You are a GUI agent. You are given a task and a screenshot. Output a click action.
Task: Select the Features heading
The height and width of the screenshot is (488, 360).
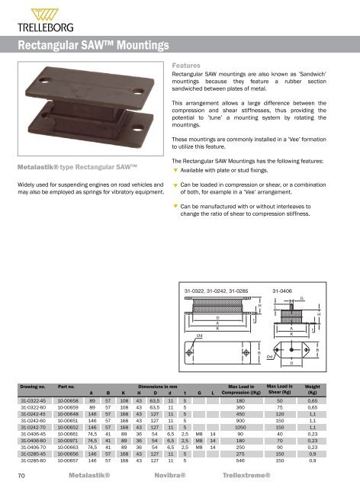pos(187,66)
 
